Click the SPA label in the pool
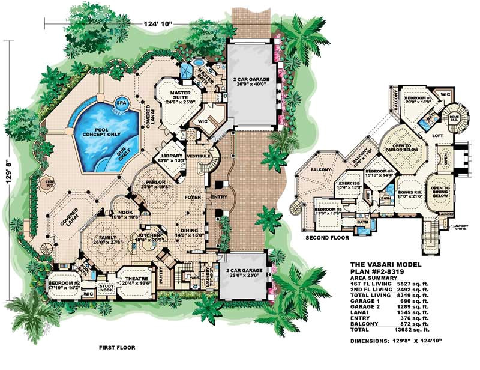122,102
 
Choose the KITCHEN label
149,237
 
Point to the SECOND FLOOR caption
327,238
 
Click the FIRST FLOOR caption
116,347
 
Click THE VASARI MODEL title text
385,265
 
